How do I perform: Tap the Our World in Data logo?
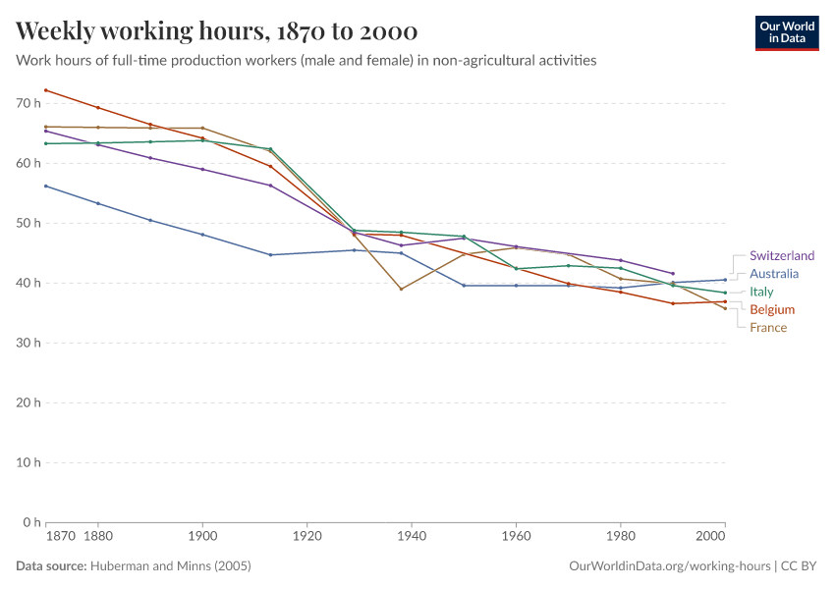coord(786,32)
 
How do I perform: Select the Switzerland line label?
coord(781,256)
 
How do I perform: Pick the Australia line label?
coord(773,274)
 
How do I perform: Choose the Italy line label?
coord(761,292)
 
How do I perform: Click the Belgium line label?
coord(771,309)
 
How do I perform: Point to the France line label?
coord(767,327)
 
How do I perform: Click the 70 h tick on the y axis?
coord(28,103)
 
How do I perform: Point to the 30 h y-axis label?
coord(28,343)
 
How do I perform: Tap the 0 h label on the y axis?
coord(30,522)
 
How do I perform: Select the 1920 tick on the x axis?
coord(306,538)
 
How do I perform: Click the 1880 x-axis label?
coord(97,538)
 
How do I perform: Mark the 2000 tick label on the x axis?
coord(711,538)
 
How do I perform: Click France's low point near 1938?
coord(401,289)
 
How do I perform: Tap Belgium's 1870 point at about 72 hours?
coord(46,90)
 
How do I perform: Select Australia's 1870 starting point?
coord(46,186)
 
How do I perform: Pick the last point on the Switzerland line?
coord(673,273)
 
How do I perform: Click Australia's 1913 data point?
coord(270,254)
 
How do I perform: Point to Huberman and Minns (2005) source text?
coord(170,566)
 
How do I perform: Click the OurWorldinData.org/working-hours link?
coord(670,566)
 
